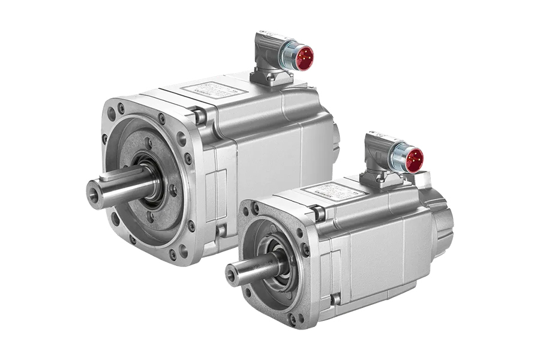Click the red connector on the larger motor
point(303,56)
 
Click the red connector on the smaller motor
point(413,159)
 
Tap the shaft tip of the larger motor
point(92,191)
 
